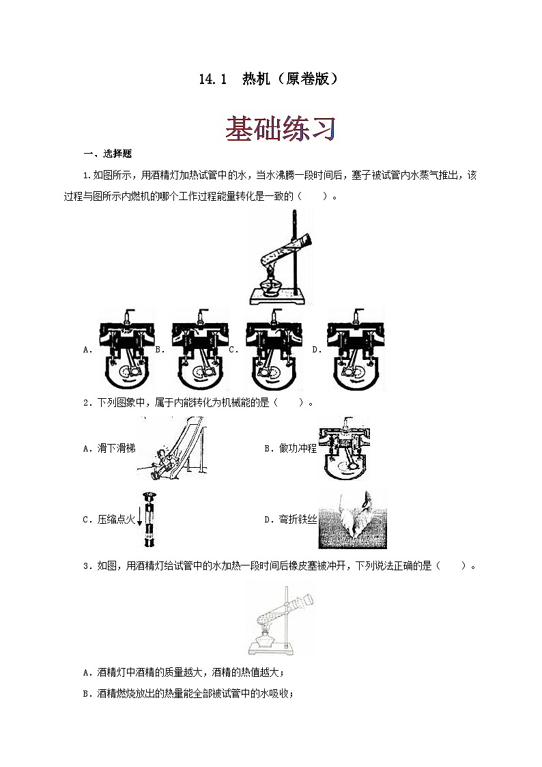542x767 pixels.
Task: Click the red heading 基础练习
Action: [x=281, y=128]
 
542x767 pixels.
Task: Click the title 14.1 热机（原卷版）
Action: [x=268, y=79]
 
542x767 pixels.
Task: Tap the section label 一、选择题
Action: [x=108, y=154]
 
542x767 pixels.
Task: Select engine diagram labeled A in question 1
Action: [x=126, y=349]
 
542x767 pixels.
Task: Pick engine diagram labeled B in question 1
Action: [x=199, y=349]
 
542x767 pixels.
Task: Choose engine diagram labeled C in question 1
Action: [x=273, y=349]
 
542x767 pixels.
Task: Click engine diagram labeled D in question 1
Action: [x=356, y=349]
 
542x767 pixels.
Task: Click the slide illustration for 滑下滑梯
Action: [x=171, y=448]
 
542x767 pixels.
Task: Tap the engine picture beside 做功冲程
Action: [x=344, y=448]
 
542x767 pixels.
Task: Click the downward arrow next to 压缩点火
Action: [x=139, y=518]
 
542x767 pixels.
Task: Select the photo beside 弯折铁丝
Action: [x=352, y=519]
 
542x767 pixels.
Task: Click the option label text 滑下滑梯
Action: [x=116, y=448]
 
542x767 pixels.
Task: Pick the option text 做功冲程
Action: [x=298, y=448]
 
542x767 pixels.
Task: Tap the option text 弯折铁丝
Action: [x=298, y=520]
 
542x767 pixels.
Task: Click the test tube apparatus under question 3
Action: [x=281, y=619]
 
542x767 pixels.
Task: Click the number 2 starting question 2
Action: [x=85, y=403]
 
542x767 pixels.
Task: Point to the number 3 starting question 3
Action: [x=85, y=566]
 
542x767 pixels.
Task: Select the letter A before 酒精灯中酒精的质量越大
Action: [x=86, y=673]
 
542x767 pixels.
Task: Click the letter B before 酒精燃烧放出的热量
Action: [x=86, y=694]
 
